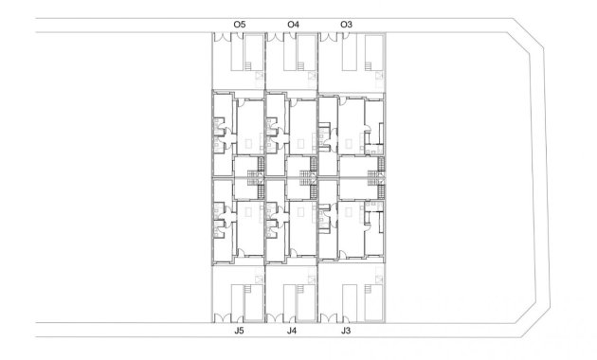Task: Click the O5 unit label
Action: click(240, 25)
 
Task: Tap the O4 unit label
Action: click(293, 25)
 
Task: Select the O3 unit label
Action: click(346, 25)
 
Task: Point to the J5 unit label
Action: click(239, 331)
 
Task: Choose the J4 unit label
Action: click(292, 331)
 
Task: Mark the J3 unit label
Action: click(346, 331)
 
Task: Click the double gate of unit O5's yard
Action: click(223, 37)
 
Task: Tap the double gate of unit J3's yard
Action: click(329, 318)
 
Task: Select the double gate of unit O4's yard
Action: click(275, 37)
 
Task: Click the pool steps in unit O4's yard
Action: click(300, 66)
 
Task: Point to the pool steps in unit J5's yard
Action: click(248, 289)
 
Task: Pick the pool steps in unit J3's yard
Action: click(369, 289)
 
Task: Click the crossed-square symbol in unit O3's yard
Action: click(380, 76)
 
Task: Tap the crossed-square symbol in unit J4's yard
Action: click(312, 279)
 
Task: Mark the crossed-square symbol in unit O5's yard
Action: click(260, 76)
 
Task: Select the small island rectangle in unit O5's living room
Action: click(248, 144)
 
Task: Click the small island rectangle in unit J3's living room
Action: click(349, 212)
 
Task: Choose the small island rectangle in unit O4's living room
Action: click(300, 144)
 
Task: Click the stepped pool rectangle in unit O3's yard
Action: click(373, 53)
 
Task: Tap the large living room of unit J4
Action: click(303, 228)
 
